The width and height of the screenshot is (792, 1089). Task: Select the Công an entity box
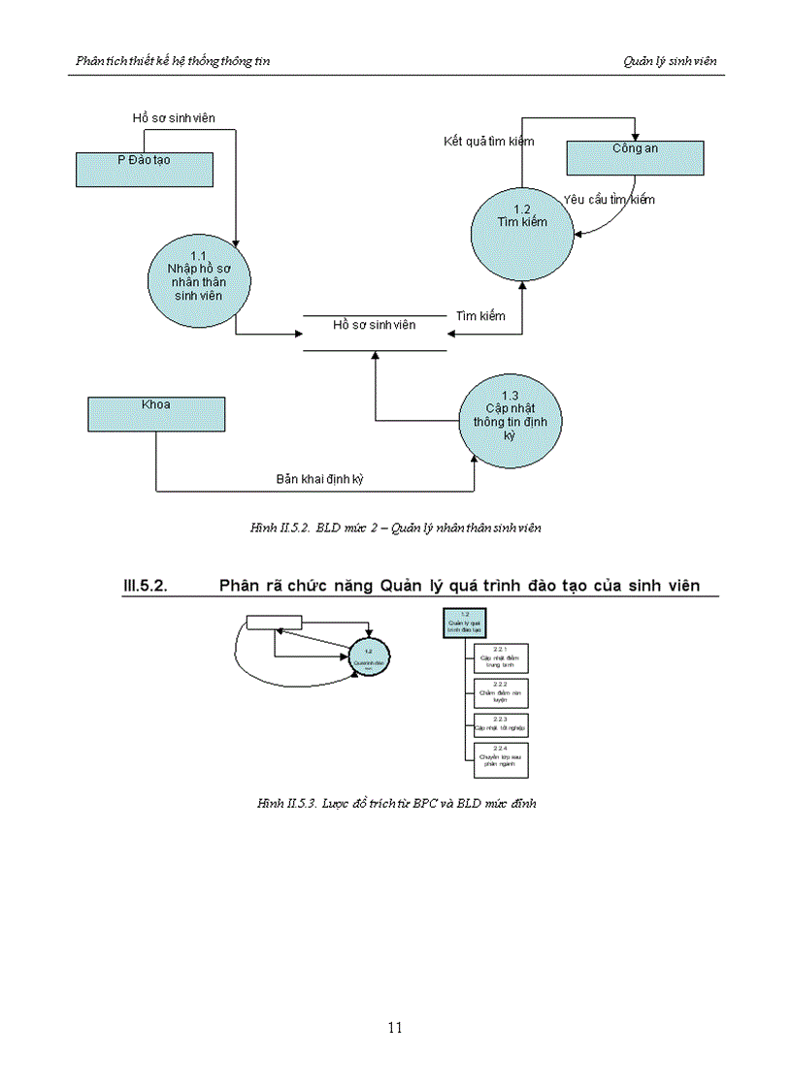635,157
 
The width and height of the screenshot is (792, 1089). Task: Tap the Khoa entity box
156,413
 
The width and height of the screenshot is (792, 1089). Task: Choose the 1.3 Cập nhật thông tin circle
510,422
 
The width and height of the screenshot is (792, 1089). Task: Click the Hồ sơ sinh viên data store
374,325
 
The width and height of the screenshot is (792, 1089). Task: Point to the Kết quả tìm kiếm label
489,143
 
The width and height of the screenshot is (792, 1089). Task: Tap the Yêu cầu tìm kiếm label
609,200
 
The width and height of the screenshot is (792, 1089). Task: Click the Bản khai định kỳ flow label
319,479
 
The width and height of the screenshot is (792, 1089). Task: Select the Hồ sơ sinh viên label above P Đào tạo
174,118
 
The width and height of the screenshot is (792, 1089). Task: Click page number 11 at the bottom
395,1028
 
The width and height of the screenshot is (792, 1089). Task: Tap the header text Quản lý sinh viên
670,61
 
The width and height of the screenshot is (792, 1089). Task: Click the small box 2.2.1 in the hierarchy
501,657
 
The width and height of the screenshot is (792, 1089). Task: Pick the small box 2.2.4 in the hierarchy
501,759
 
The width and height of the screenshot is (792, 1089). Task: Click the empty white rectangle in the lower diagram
274,623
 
